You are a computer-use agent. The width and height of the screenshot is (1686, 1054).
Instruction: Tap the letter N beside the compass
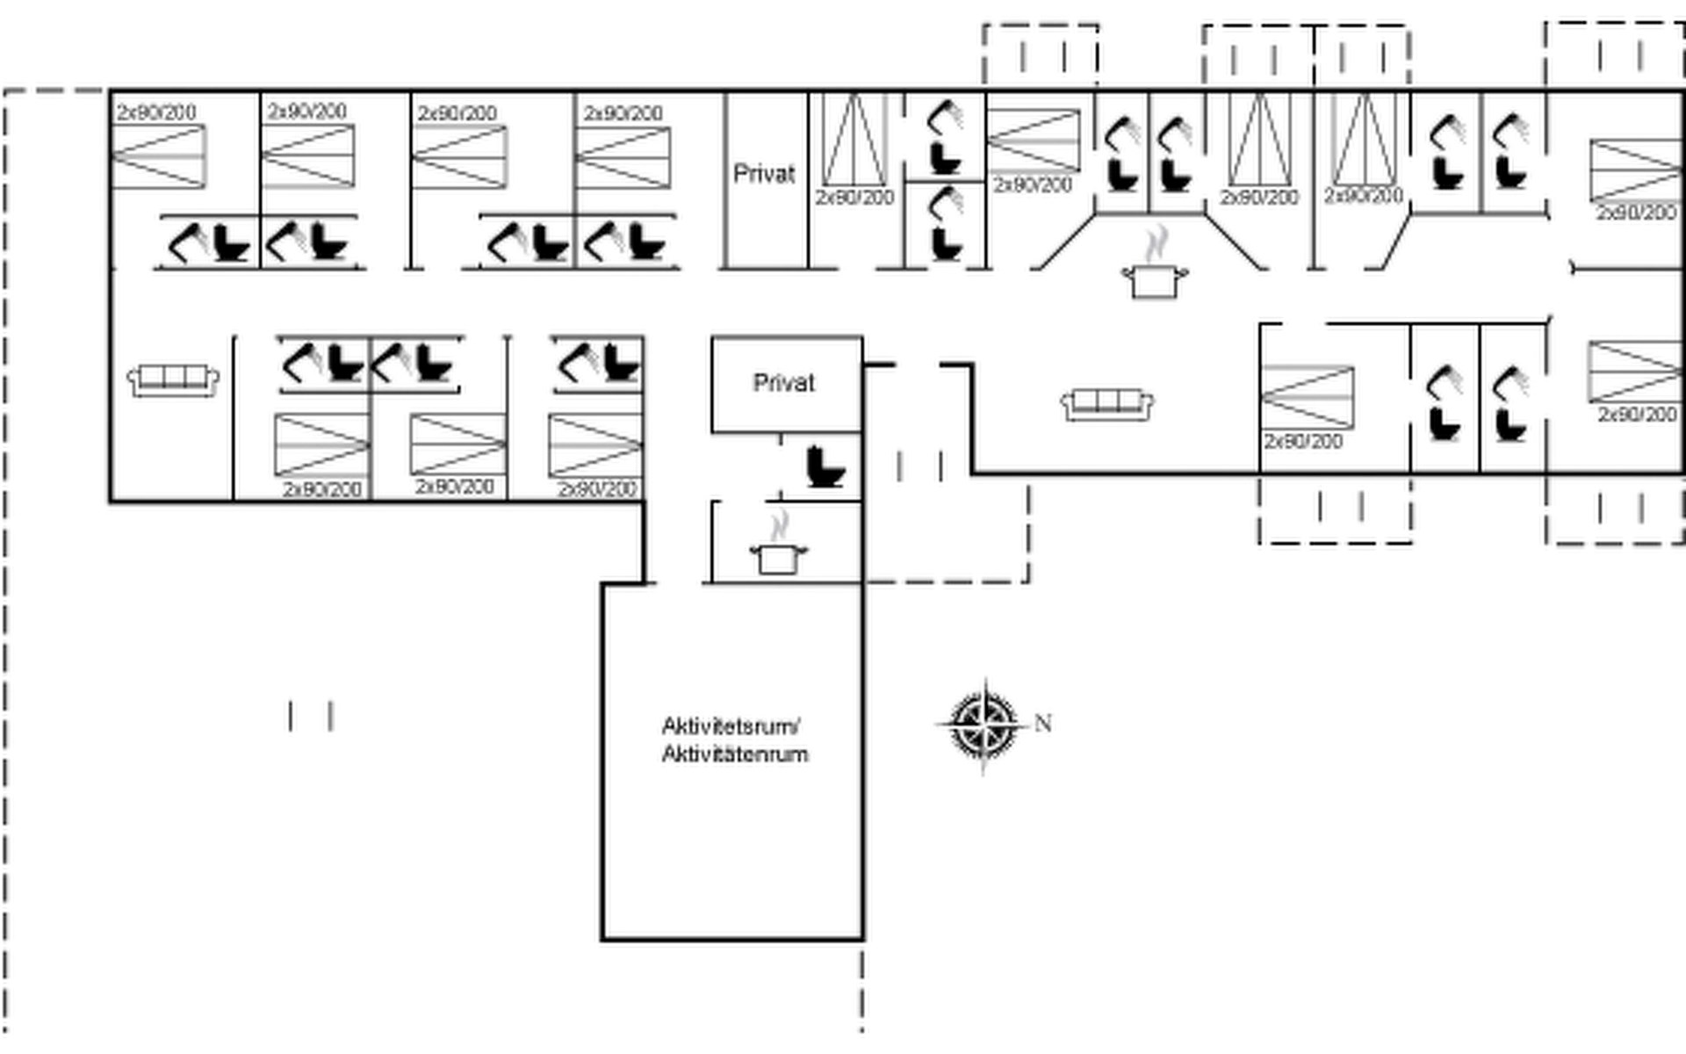(1043, 723)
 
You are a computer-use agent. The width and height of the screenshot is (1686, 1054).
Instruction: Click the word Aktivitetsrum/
(731, 726)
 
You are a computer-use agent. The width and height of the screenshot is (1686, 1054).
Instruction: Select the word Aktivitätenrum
(735, 754)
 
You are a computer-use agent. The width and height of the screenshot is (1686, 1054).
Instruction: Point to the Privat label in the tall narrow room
(764, 174)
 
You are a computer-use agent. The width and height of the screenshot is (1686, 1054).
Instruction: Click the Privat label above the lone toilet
(784, 383)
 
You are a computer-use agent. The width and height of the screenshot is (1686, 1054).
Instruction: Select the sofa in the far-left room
(173, 379)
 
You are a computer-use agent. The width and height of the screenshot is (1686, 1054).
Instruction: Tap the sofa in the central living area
(1107, 403)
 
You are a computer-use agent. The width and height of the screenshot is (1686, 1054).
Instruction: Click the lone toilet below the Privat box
(825, 466)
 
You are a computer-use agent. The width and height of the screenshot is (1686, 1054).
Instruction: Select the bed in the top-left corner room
(159, 156)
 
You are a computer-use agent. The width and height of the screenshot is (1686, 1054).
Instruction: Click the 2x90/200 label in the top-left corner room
(156, 112)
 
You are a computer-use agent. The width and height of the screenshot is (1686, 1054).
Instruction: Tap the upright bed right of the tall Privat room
(854, 141)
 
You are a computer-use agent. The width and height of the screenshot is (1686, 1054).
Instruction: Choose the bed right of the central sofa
(1308, 396)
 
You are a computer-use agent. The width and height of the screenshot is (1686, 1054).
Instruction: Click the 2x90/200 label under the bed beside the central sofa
(1303, 441)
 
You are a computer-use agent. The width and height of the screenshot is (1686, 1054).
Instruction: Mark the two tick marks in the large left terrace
(311, 716)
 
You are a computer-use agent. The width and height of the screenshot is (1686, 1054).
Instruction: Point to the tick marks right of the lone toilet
(920, 466)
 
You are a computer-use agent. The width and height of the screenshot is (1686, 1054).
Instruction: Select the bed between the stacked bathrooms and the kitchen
(1034, 140)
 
